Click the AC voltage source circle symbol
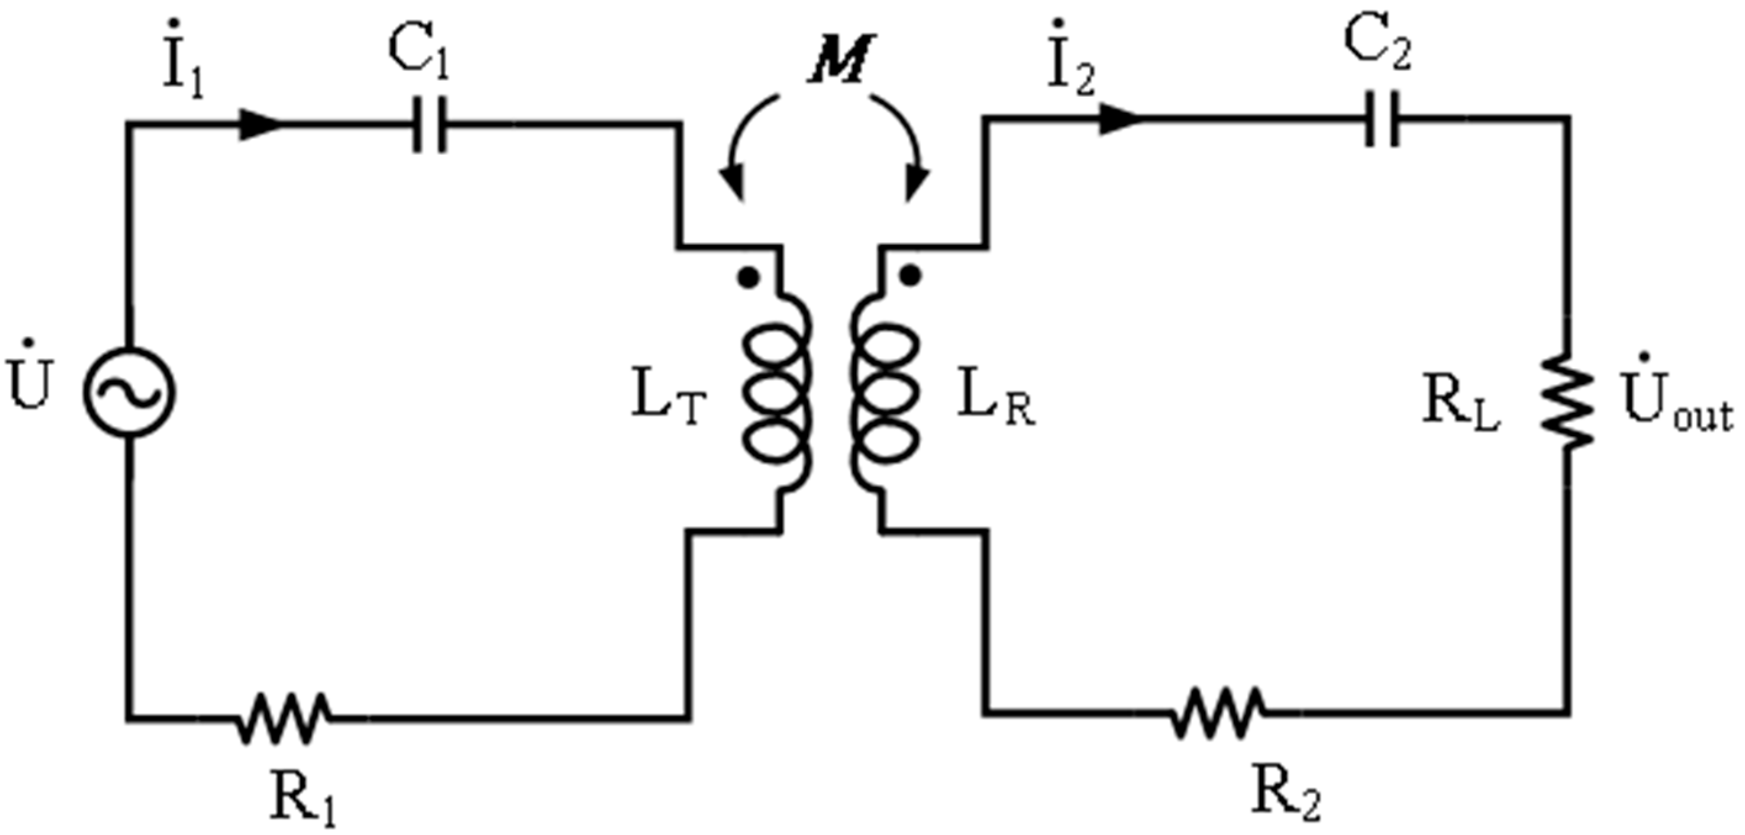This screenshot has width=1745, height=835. [x=129, y=392]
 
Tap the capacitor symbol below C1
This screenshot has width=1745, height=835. [x=430, y=125]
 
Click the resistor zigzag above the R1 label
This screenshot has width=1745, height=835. [x=284, y=718]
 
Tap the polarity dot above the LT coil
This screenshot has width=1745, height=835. [x=748, y=278]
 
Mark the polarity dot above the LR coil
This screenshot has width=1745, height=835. [x=911, y=275]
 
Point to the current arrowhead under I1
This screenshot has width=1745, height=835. [x=261, y=125]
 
